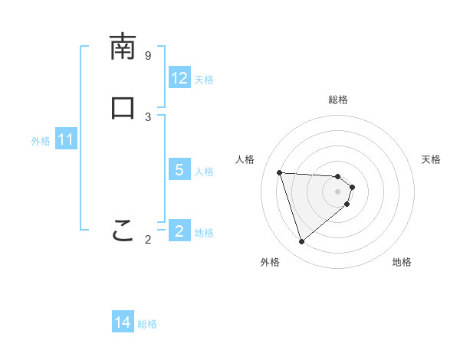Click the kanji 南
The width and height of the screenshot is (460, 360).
click(x=123, y=47)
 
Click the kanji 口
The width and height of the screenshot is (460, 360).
click(x=123, y=107)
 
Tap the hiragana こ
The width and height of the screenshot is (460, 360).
click(x=123, y=230)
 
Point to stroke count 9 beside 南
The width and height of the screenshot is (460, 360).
click(x=148, y=56)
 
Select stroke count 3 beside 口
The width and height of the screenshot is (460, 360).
click(x=148, y=116)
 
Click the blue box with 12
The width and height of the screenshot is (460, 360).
click(x=179, y=78)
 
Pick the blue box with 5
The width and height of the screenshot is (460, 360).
click(x=179, y=170)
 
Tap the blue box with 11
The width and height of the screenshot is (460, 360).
click(x=66, y=140)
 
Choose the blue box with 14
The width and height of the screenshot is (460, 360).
click(x=123, y=323)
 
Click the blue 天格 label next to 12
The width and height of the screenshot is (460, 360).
click(x=204, y=80)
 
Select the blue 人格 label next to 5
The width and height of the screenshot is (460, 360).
click(x=204, y=172)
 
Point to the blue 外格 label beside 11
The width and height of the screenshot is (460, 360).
click(x=41, y=141)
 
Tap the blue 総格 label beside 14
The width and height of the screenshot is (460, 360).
click(x=147, y=324)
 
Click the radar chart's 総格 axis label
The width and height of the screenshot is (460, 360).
click(x=338, y=100)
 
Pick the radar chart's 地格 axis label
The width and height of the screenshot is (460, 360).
click(x=402, y=262)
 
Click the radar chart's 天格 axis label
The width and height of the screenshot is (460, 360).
click(x=431, y=159)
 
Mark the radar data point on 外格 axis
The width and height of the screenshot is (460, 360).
click(x=302, y=242)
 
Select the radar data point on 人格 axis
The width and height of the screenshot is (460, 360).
click(x=280, y=172)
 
